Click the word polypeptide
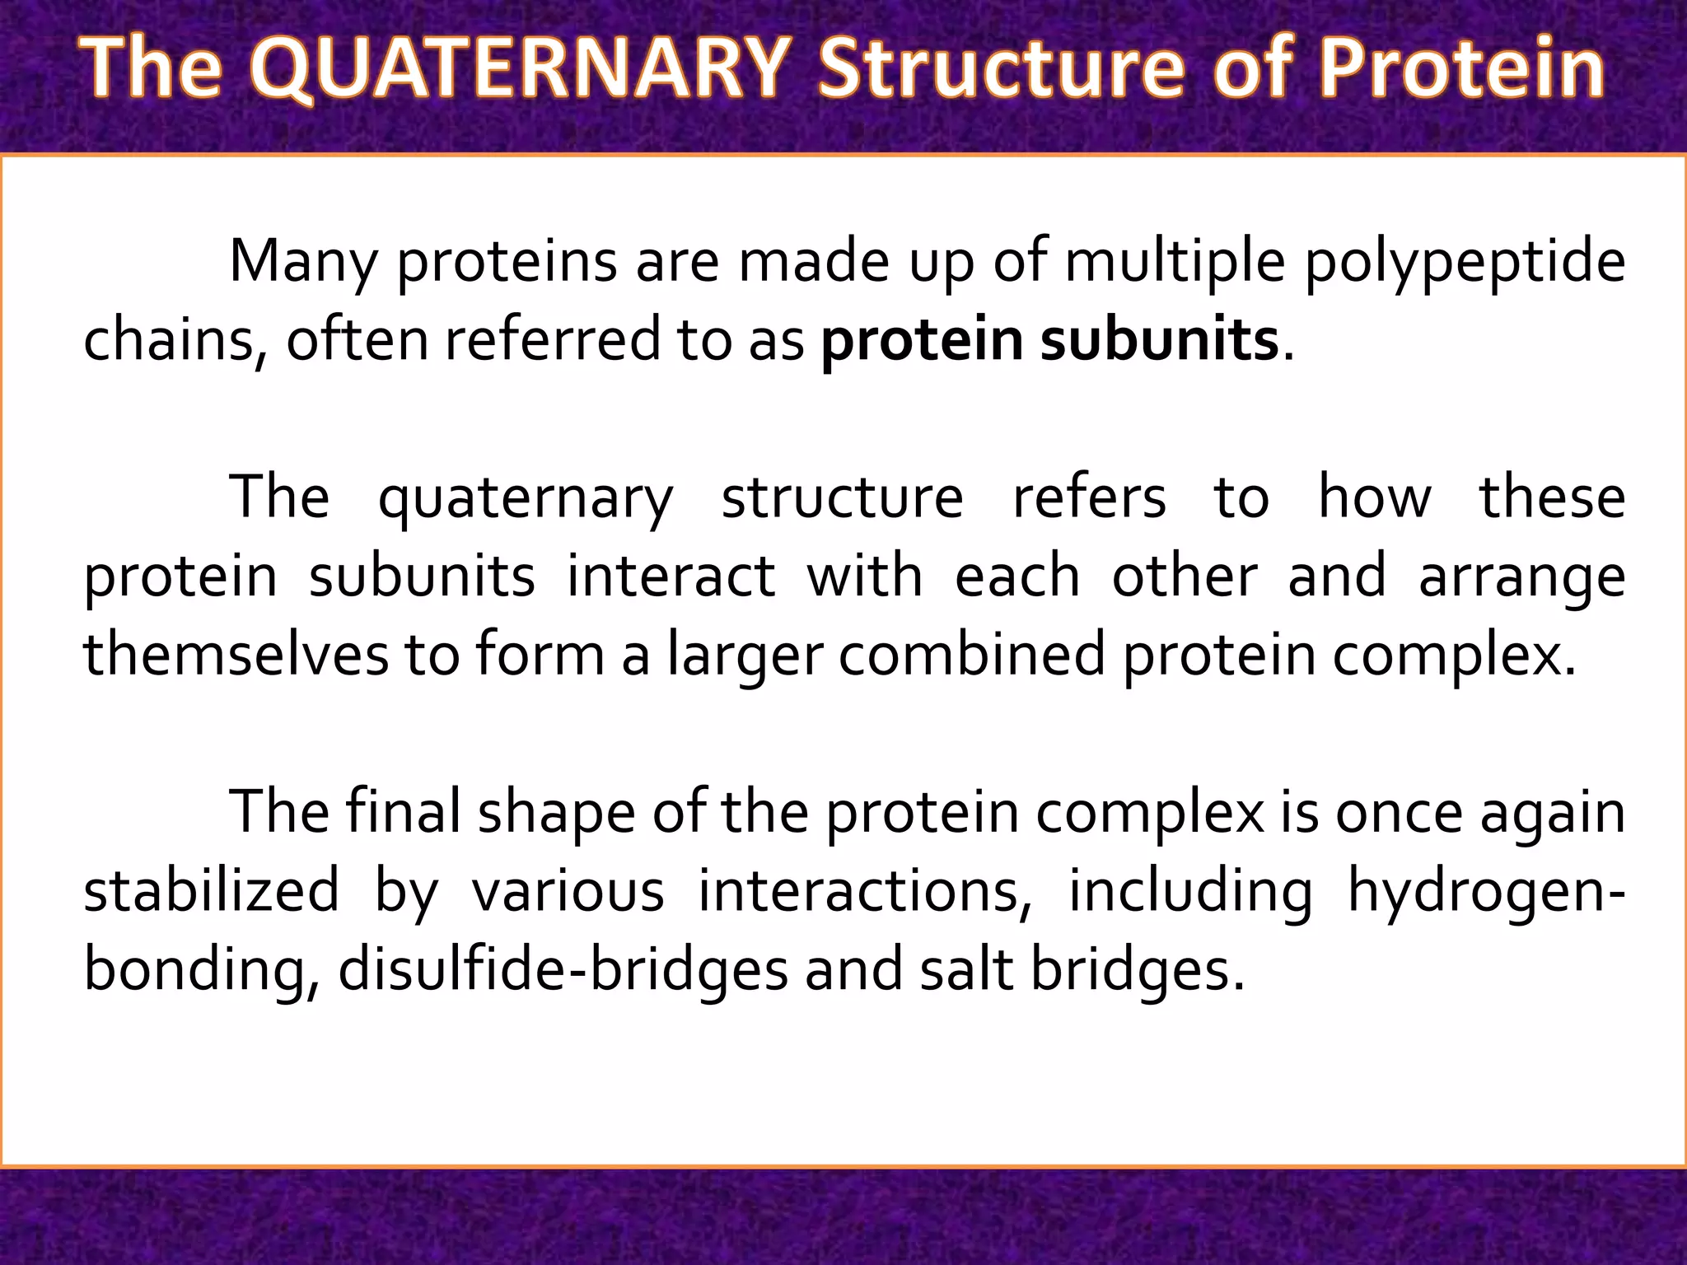click(x=1465, y=263)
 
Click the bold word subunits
click(x=1159, y=340)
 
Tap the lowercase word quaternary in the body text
click(x=526, y=499)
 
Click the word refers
click(x=1089, y=497)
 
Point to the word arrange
click(x=1522, y=578)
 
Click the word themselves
click(x=236, y=655)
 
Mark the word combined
click(x=973, y=655)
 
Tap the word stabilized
click(x=212, y=890)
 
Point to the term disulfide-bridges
click(x=563, y=970)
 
